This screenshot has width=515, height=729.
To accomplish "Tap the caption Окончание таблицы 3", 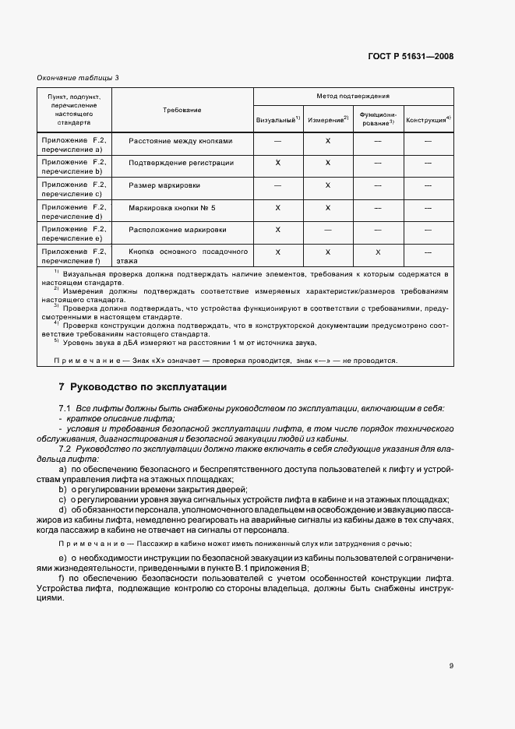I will (x=79, y=77).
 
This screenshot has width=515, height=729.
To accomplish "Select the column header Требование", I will (x=182, y=110).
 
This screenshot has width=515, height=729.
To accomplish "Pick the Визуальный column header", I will (x=278, y=120).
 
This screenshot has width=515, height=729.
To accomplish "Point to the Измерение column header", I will (x=328, y=120).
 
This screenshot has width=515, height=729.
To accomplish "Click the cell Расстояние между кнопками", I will (x=181, y=141).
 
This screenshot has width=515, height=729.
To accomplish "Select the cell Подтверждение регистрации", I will (x=182, y=163).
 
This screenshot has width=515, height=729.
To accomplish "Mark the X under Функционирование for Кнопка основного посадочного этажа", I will (x=378, y=252).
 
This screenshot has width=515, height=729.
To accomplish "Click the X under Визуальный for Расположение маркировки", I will (x=278, y=230).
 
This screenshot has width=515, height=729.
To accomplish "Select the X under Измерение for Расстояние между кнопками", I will (x=328, y=141).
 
